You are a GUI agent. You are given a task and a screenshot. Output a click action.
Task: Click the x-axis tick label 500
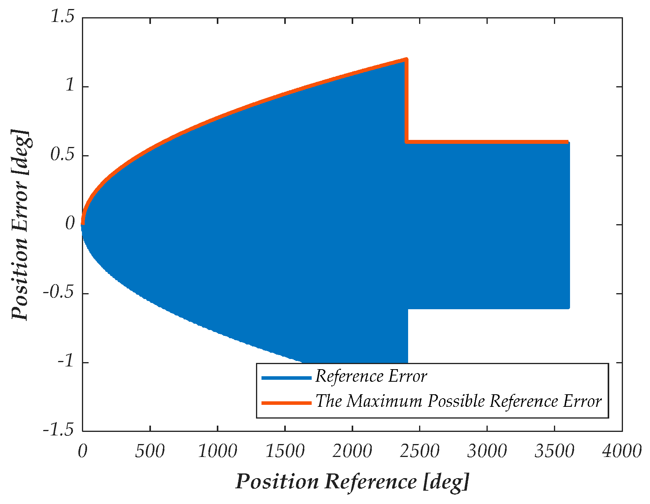(150, 451)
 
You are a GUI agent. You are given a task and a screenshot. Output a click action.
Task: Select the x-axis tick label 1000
(217, 451)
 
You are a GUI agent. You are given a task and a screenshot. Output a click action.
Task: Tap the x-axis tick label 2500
(419, 451)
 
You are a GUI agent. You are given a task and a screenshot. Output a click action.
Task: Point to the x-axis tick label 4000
(622, 451)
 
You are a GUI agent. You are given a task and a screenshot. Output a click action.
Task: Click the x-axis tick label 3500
(554, 451)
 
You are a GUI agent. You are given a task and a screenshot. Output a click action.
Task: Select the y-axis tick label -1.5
(59, 430)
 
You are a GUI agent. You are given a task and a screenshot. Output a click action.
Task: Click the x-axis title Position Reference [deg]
(352, 481)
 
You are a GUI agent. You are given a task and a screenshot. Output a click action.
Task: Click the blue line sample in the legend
(286, 377)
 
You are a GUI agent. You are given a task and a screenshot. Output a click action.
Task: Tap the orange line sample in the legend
(286, 402)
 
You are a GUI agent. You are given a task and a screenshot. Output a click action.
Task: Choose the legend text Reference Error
(371, 377)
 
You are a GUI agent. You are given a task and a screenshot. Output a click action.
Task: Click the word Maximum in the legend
(385, 401)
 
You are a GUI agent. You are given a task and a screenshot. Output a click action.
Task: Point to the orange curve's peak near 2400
(406, 60)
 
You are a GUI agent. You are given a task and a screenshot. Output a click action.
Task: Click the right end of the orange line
(567, 142)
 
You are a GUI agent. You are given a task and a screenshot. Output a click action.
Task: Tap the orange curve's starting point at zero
(83, 223)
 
